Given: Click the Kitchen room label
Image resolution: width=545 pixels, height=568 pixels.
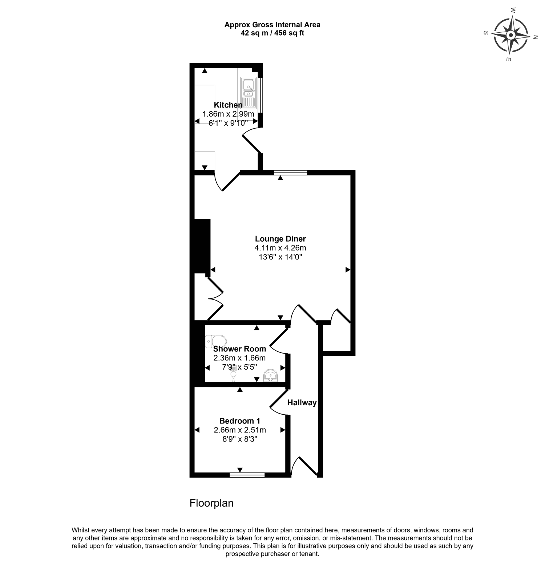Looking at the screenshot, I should coord(228,105).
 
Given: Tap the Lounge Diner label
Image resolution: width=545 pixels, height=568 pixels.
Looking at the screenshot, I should coord(280,239).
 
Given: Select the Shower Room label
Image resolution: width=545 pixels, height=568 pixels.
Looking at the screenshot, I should coord(239,349).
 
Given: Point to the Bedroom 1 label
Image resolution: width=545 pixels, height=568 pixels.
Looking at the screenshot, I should coord(239,421).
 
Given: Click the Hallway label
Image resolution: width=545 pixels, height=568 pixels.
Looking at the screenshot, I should coord(302,402).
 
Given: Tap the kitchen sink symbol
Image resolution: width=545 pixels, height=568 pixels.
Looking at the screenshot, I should coord(249,93).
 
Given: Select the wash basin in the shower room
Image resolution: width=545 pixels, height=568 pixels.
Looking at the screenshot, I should coord(270,376).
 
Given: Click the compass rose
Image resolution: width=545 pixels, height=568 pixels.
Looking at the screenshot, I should coord(510,36).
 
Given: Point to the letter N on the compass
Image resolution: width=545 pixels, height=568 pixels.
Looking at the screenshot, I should coord(535,37).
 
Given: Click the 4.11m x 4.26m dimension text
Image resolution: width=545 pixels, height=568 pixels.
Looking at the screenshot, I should coord(280,248).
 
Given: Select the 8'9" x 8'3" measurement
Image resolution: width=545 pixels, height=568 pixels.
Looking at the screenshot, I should coord(239,439).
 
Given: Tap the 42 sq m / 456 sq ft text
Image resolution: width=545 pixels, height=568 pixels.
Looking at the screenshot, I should coord(272,33).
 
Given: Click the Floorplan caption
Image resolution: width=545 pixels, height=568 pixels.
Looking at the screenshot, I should coord(211,503).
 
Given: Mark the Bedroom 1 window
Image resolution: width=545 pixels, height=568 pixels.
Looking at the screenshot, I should coord(247,475).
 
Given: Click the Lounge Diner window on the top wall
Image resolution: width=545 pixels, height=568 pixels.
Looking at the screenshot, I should coord(290,173).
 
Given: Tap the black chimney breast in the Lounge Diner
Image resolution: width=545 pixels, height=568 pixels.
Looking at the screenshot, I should coord(202,246).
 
